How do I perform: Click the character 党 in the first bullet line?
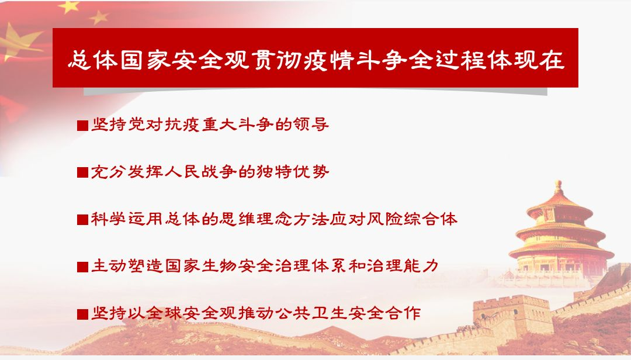coord(137,124)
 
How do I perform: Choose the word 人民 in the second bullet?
coord(183,172)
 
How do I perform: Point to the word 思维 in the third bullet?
coord(237,219)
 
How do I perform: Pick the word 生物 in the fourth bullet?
coord(219,266)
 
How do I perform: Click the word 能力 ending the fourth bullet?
coord(421,266)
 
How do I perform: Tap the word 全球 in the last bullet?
coord(164,313)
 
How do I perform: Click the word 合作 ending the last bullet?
coord(403,313)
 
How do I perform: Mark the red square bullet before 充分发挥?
coord(82,172)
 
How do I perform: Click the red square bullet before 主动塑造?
coord(82,266)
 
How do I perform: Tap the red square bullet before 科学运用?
coord(82,220)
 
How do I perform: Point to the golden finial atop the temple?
coord(558,187)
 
